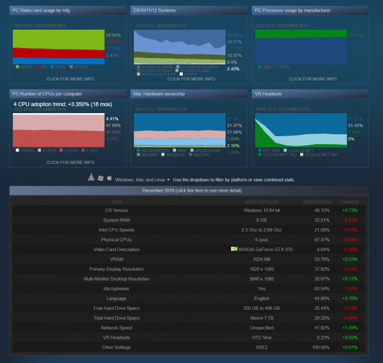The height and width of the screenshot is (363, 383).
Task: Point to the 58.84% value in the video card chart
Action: click(x=112, y=35)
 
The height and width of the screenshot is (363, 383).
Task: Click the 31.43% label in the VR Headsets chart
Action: click(x=355, y=126)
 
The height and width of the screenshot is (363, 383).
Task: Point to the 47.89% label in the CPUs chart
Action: click(x=112, y=126)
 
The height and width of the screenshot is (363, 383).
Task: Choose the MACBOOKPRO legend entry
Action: click(x=154, y=150)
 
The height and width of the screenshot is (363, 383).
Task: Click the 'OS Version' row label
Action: click(x=116, y=210)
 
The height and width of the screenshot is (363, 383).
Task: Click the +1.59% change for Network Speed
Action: click(x=349, y=328)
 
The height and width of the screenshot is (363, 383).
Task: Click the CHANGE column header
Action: click(x=349, y=202)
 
